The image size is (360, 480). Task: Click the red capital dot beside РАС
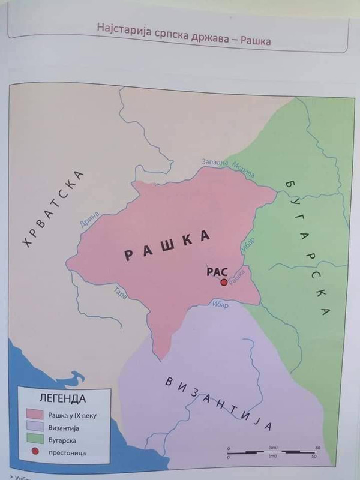(x=224, y=282)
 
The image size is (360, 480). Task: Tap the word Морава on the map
(x=244, y=170)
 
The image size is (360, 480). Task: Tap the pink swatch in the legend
(x=34, y=414)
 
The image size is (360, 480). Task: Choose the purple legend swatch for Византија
(x=34, y=428)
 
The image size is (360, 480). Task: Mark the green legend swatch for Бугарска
(x=34, y=441)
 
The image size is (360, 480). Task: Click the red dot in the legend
(x=35, y=454)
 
